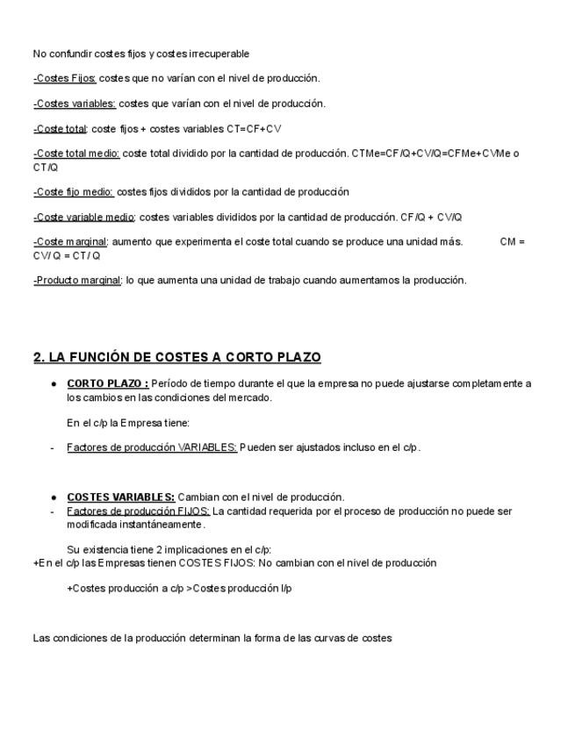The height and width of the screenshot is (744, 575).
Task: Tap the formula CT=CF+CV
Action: pos(254,129)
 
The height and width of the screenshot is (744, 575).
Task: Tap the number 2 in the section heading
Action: pos(37,357)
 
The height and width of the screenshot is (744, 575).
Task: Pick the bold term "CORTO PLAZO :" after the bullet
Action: pos(107,383)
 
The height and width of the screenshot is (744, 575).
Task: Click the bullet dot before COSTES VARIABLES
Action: pos(54,497)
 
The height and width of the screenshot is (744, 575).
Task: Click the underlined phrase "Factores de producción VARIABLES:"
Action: pos(152,447)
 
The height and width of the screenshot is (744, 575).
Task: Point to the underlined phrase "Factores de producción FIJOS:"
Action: pos(138,511)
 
